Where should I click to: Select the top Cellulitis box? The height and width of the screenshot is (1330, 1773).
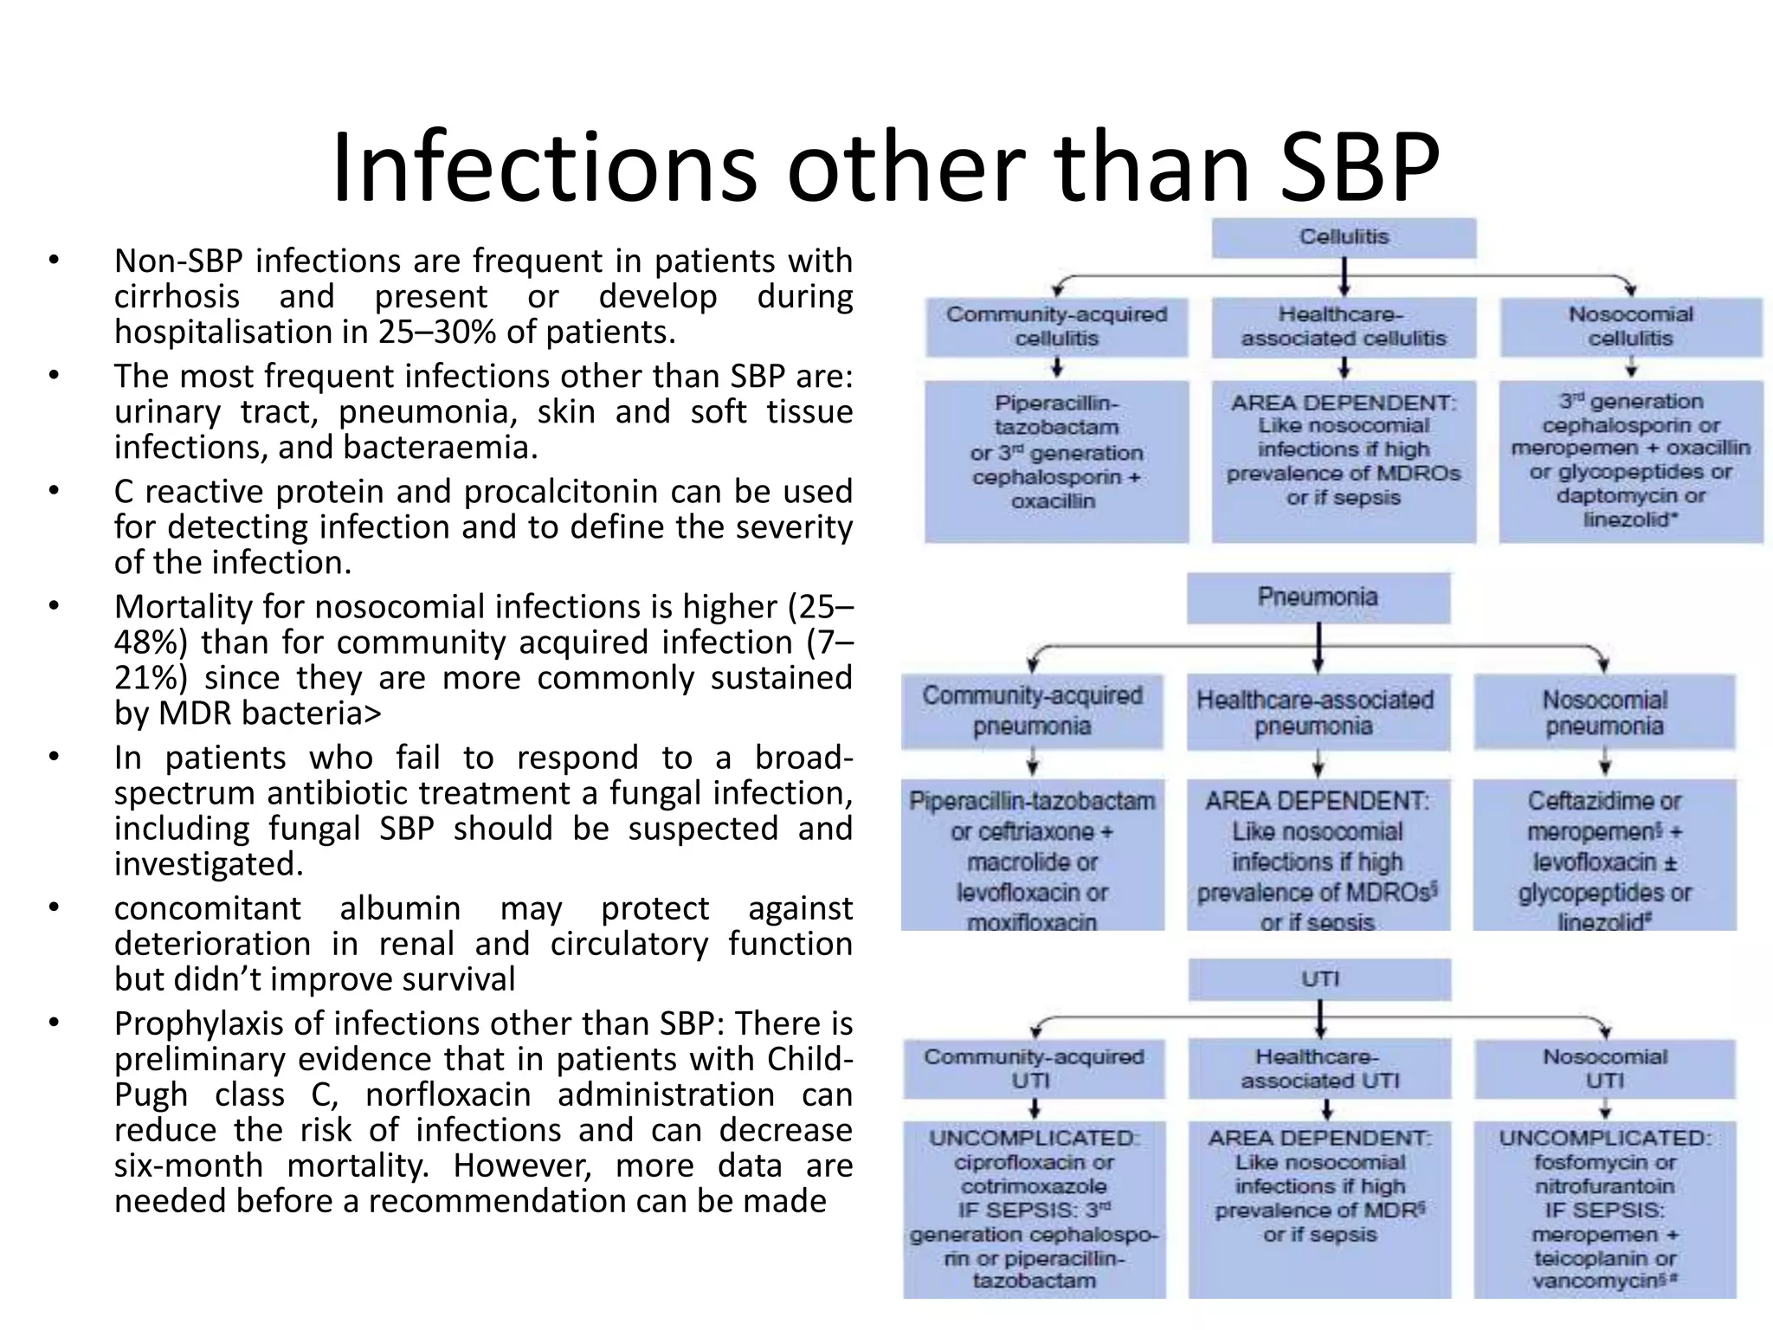tap(1344, 237)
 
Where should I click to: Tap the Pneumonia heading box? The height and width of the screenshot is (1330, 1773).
tap(1318, 597)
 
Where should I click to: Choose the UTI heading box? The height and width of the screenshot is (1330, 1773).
tap(1319, 979)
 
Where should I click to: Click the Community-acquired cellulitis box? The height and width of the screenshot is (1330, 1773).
tap(1056, 326)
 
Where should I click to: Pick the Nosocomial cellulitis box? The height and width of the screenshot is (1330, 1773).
tap(1630, 326)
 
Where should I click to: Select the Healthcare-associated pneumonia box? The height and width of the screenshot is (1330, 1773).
tap(1316, 712)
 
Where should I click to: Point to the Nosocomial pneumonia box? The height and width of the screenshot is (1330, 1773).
tap(1604, 712)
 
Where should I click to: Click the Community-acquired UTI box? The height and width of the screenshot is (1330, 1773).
tap(1034, 1069)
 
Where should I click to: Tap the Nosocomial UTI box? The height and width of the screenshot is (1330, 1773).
tap(1604, 1069)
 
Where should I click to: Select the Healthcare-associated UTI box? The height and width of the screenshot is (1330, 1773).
tap(1319, 1069)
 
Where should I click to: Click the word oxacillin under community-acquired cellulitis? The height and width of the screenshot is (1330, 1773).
tap(1054, 501)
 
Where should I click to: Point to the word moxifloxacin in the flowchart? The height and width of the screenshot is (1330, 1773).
tap(1032, 922)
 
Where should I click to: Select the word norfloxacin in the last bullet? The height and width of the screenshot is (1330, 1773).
tap(448, 1095)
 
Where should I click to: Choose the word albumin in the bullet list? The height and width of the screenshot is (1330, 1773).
tap(400, 908)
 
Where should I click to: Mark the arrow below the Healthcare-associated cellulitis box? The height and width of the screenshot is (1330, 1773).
tap(1344, 369)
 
